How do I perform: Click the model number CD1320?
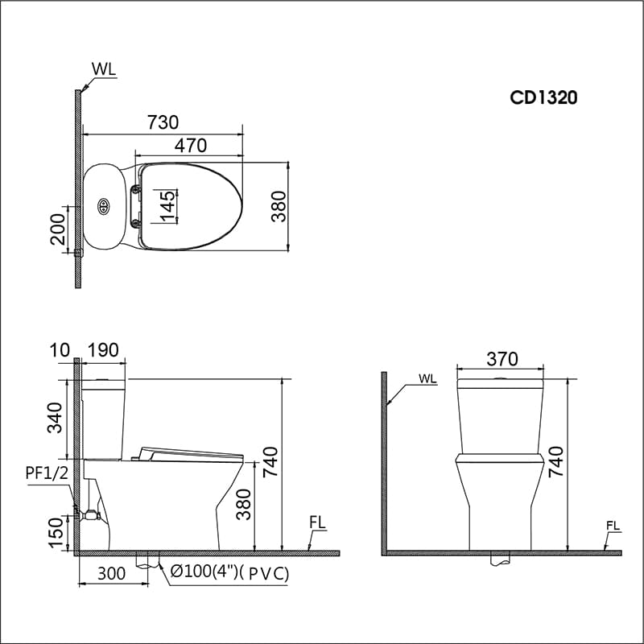coord(544,97)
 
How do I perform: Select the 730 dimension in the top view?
coord(163,122)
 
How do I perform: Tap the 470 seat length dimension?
coord(191,146)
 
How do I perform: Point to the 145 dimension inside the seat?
coord(167,205)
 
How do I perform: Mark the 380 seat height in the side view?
coord(245,505)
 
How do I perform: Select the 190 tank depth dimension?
coord(104,350)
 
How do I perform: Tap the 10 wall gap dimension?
coord(59,350)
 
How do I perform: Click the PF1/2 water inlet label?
coord(44,473)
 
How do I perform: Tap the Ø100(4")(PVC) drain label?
coord(229,574)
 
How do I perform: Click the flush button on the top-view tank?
coord(103,207)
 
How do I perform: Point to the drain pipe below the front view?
coord(501,557)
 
